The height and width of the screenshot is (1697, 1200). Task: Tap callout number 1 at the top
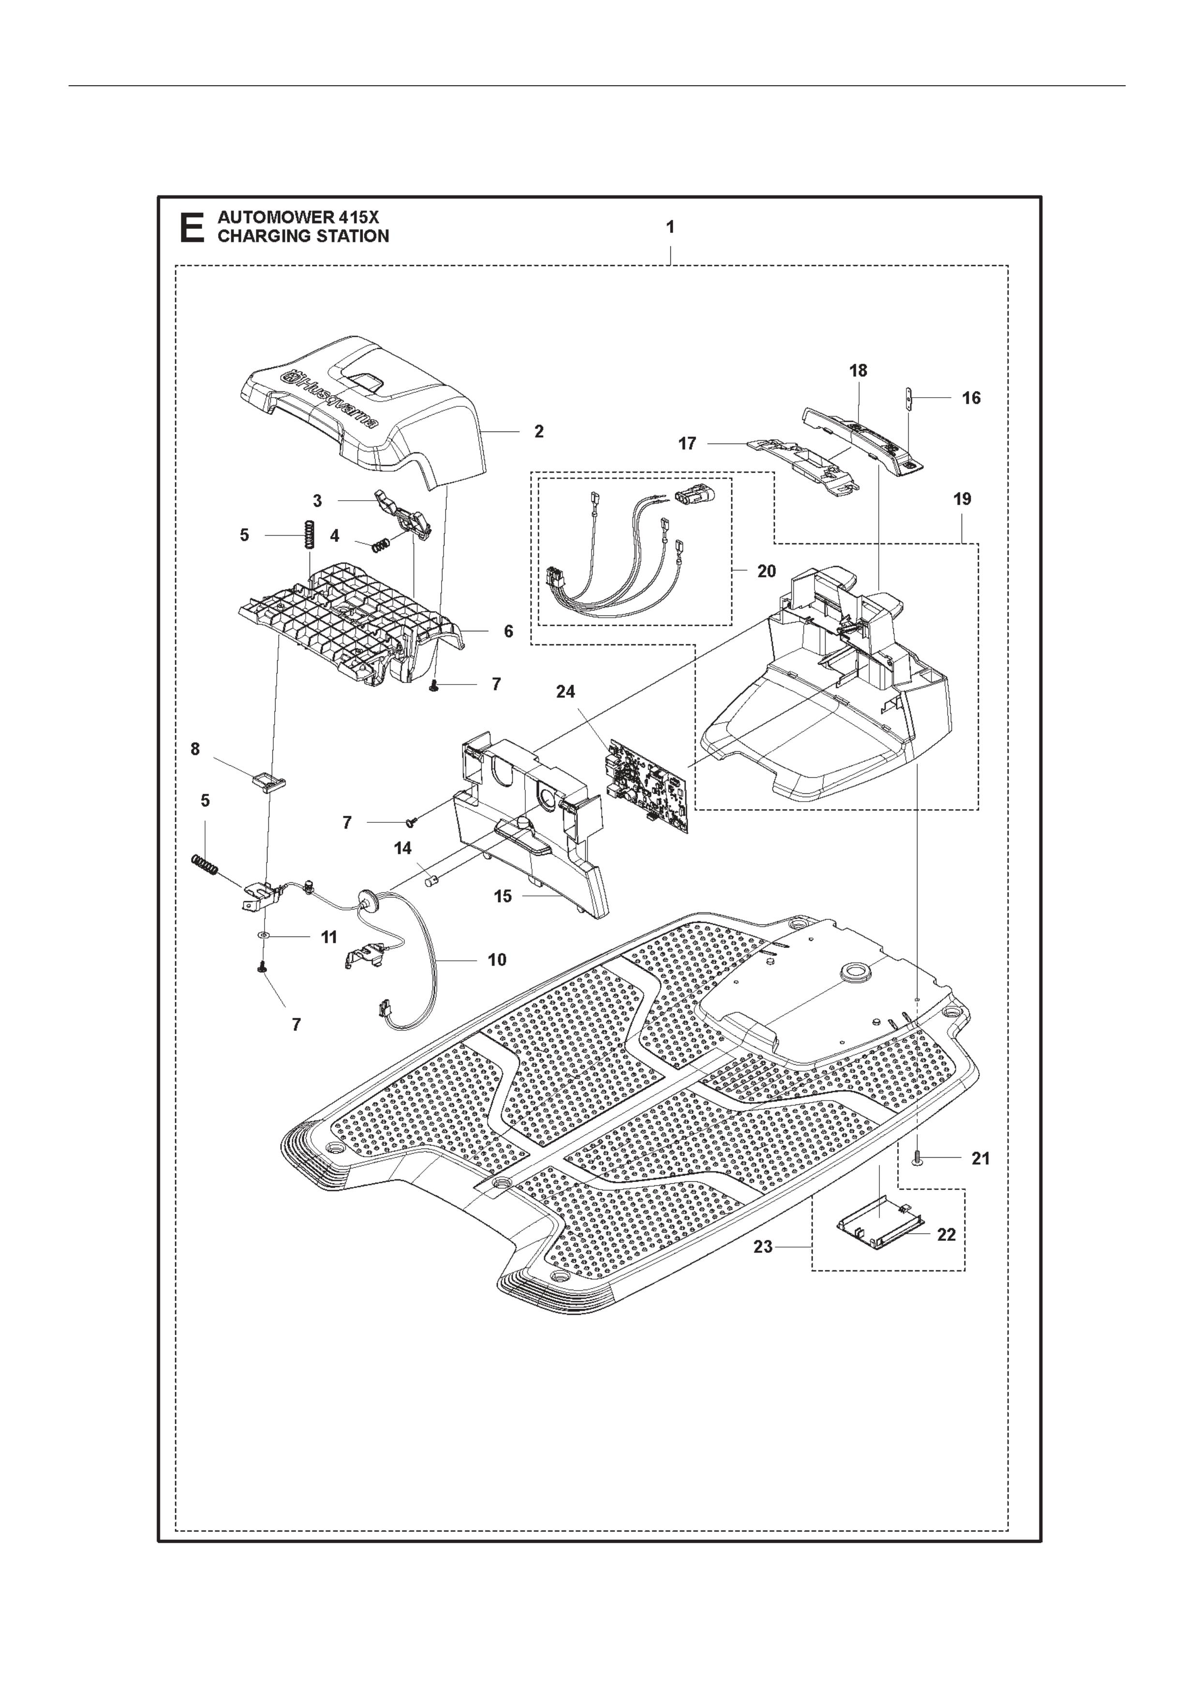[x=670, y=228]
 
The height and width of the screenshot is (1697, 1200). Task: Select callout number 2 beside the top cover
[x=539, y=431]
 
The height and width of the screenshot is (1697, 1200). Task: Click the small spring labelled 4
[x=379, y=546]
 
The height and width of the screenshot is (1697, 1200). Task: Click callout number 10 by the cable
[x=497, y=959]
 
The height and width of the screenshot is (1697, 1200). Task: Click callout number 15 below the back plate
[x=503, y=896]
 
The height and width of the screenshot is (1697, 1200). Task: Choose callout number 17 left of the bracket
[x=687, y=444]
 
